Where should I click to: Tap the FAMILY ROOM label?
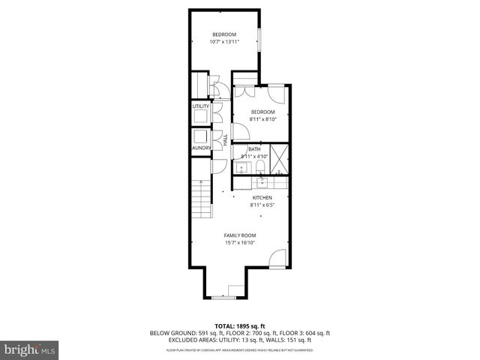point(240,235)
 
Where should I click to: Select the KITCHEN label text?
point(261,197)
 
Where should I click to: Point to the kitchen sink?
point(260,181)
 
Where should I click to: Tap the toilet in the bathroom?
point(259,166)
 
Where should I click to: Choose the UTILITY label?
point(200,106)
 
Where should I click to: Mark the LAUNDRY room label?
point(200,148)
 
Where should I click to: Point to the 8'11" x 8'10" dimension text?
point(263,119)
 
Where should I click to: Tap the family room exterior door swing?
point(277,259)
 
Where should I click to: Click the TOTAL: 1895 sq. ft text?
point(240,325)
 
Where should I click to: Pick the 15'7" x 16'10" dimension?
point(240,242)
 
